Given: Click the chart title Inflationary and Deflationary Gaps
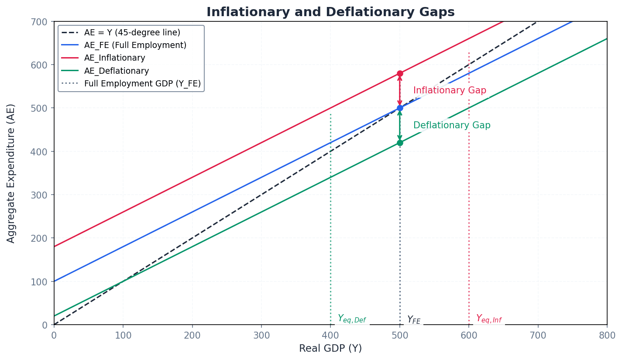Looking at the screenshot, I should [330, 12].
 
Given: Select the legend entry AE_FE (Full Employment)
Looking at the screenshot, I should [135, 45].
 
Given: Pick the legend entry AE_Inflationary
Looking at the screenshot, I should [114, 58].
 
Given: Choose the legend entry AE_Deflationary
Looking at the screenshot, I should [116, 71].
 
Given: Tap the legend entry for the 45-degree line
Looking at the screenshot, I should [132, 33].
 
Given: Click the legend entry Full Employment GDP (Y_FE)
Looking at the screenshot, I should [142, 83].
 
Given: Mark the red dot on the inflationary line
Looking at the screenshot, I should [400, 73].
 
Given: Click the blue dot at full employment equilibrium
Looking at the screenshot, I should [400, 108].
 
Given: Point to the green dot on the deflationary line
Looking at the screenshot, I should [400, 143].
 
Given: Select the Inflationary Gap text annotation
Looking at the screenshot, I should [450, 91].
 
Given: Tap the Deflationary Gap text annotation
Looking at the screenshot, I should [452, 126].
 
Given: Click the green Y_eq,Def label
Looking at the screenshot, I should [352, 319].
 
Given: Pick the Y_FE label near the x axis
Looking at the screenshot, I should [413, 320].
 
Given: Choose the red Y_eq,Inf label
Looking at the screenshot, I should [488, 319].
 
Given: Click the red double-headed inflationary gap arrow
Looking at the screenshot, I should [400, 91].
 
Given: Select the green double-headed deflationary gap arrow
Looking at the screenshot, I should [400, 126].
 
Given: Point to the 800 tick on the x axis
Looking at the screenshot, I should [607, 335].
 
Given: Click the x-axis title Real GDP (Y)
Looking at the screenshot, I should [330, 349].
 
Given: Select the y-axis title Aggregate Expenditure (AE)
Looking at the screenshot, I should [11, 173].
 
